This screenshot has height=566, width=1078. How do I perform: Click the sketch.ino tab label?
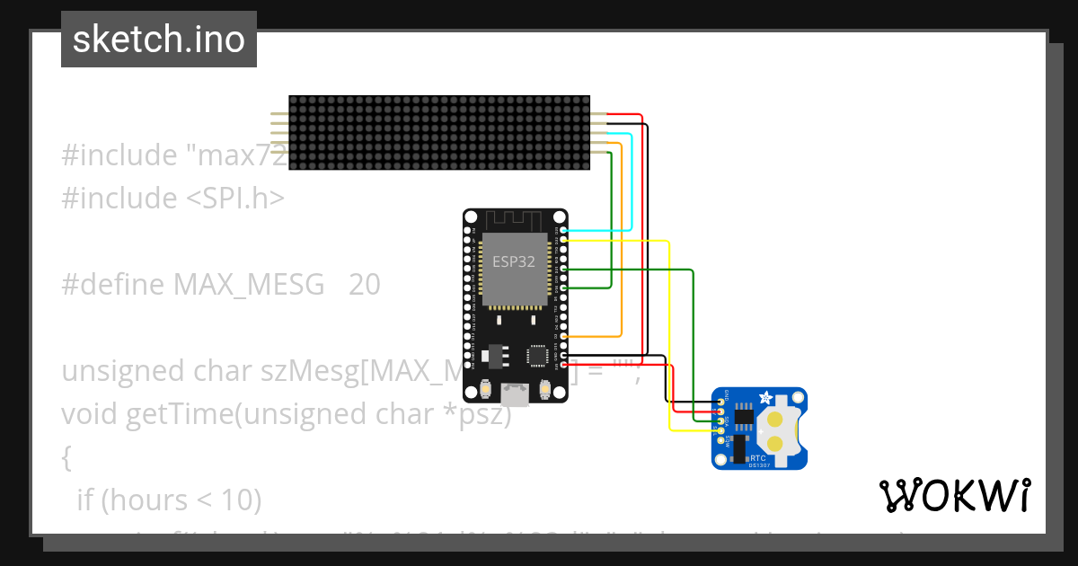159,40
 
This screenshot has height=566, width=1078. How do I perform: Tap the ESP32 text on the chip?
515,261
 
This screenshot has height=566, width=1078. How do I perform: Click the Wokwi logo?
954,495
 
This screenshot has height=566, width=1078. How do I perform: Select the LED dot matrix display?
439,133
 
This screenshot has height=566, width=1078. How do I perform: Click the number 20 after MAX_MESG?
364,285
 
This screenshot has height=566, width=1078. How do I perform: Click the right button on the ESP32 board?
543,389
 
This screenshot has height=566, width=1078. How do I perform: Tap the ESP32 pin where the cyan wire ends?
563,231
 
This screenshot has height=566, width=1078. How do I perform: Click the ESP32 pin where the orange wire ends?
563,336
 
